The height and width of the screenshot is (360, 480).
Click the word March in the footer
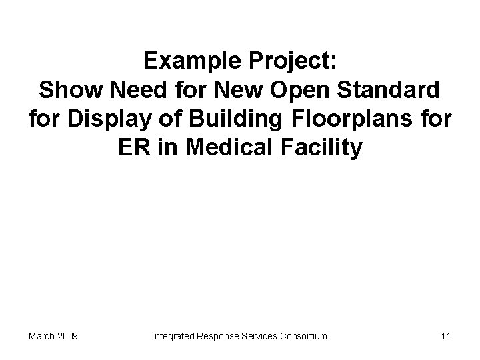pyautogui.click(x=42, y=336)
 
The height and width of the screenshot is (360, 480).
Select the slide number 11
pyautogui.click(x=445, y=336)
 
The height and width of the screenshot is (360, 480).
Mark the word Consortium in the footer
pyautogui.click(x=303, y=336)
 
